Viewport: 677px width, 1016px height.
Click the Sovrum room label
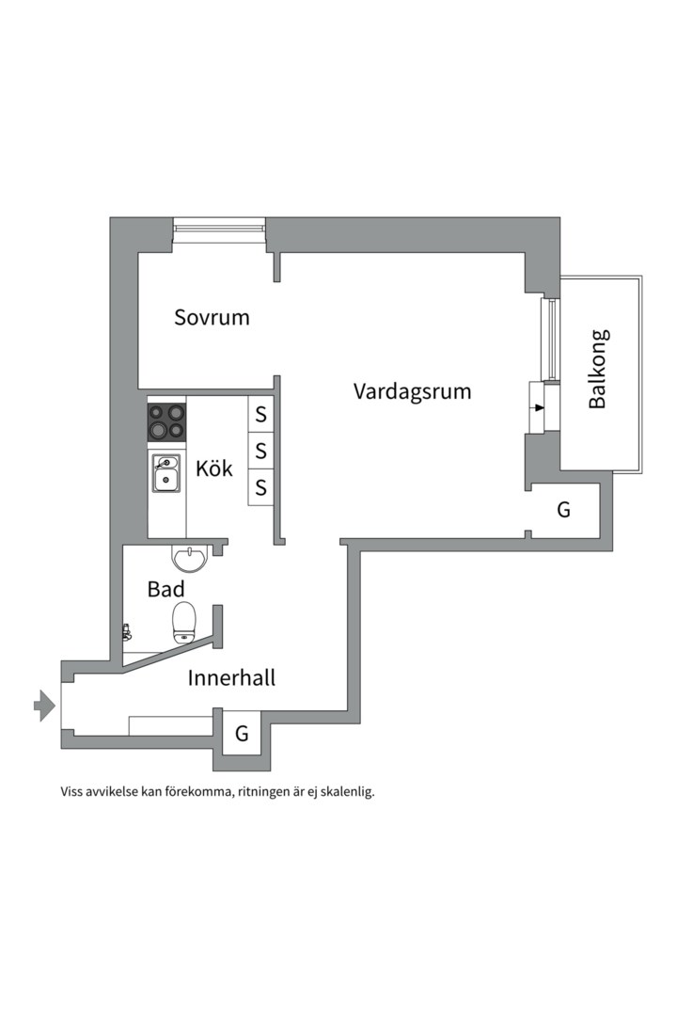212,317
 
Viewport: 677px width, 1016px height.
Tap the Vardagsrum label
412,391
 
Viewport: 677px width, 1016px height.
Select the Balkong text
598,368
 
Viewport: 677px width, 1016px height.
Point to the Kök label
214,468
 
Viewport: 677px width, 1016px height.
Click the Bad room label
165,590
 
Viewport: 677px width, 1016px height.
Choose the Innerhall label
231,677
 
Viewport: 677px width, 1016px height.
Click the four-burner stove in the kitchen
166,421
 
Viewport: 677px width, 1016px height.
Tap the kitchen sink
166,473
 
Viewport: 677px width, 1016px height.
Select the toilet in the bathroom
184,622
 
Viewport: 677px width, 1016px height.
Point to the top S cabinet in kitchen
261,413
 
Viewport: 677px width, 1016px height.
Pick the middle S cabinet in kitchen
261,451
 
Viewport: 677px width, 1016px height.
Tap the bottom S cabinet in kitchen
261,487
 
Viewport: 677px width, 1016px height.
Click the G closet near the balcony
563,511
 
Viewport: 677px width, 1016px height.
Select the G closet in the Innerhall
242,733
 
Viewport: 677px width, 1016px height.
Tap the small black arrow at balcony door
538,408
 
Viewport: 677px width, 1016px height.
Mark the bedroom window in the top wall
219,228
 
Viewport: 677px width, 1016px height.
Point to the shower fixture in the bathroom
125,632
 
